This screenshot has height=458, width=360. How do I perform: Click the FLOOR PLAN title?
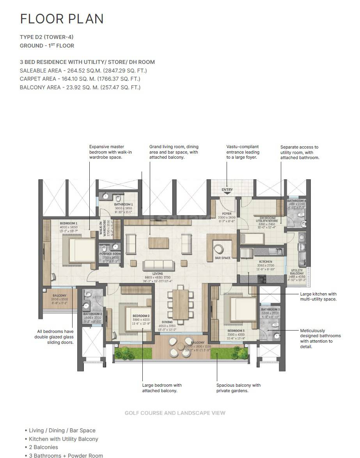(62, 19)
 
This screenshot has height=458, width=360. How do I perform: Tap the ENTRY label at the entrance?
(227, 190)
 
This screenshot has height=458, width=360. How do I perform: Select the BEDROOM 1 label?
(68, 223)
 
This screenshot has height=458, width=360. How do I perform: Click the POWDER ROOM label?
(110, 254)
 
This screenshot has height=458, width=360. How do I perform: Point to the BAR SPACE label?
(223, 258)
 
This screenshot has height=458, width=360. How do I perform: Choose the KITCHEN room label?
(266, 262)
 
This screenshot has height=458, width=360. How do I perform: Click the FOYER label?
(227, 214)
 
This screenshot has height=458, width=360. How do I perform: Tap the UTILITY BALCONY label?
(297, 272)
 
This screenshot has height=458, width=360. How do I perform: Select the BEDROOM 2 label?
(140, 316)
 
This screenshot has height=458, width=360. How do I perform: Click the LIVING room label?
(158, 274)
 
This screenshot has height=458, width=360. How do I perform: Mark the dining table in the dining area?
(180, 304)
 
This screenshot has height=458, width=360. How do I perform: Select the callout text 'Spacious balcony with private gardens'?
(238, 388)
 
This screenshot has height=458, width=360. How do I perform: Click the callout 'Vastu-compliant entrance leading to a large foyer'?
(243, 152)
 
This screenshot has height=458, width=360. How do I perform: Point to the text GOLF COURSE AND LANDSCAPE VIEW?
(175, 413)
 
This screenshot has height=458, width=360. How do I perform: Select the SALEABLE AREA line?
(83, 71)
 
